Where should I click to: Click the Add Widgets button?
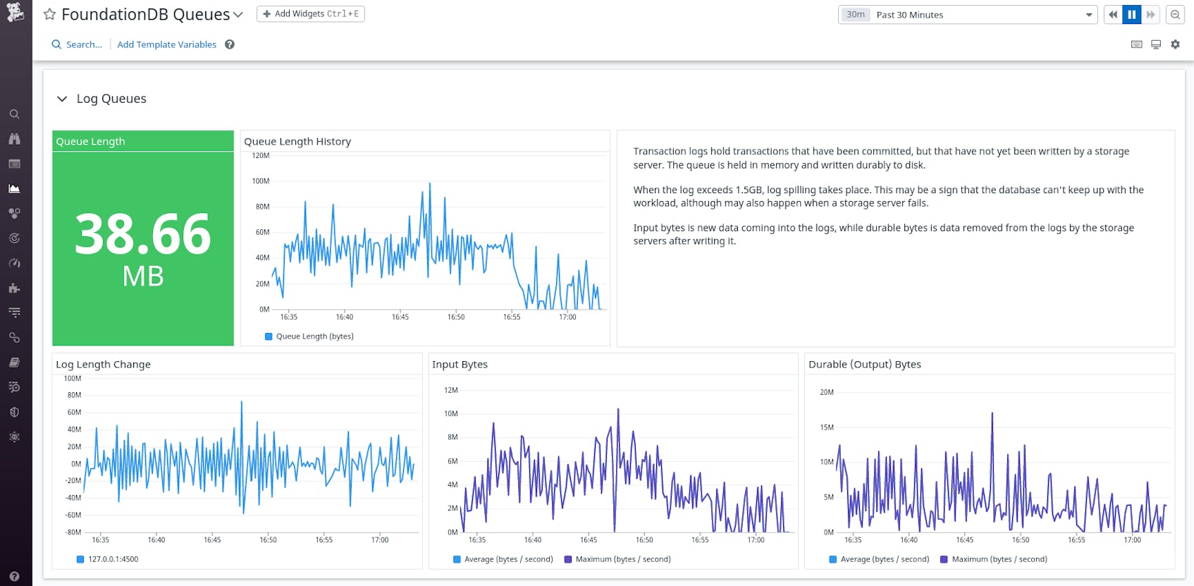tap(310, 14)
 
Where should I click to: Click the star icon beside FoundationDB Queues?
tap(49, 14)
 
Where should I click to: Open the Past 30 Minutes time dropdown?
tap(967, 15)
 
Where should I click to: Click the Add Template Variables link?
tap(166, 44)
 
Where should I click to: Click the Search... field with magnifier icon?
tap(77, 44)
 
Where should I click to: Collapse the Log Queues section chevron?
tap(62, 99)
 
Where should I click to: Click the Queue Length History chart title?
tap(297, 142)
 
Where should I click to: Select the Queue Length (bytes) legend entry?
tap(309, 336)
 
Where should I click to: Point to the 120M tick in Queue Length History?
tap(260, 156)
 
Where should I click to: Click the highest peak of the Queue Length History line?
tap(430, 184)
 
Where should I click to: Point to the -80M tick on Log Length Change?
tap(73, 532)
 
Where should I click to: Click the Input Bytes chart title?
tap(460, 365)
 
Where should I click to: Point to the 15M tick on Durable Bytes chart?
tap(826, 427)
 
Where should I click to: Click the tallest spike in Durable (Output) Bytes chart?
tap(992, 414)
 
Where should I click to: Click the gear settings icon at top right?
tap(1175, 44)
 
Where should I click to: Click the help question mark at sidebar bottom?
tap(14, 576)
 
